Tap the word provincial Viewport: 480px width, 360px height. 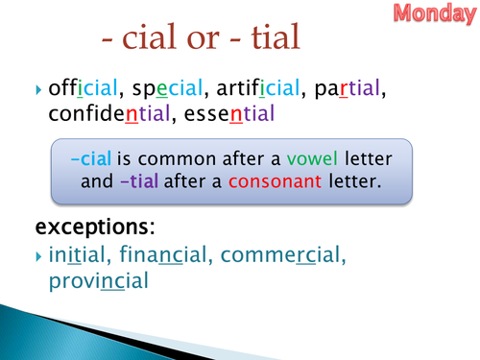tap(98, 281)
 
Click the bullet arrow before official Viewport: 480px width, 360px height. tap(39, 90)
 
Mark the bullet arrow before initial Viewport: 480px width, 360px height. tap(39, 257)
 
